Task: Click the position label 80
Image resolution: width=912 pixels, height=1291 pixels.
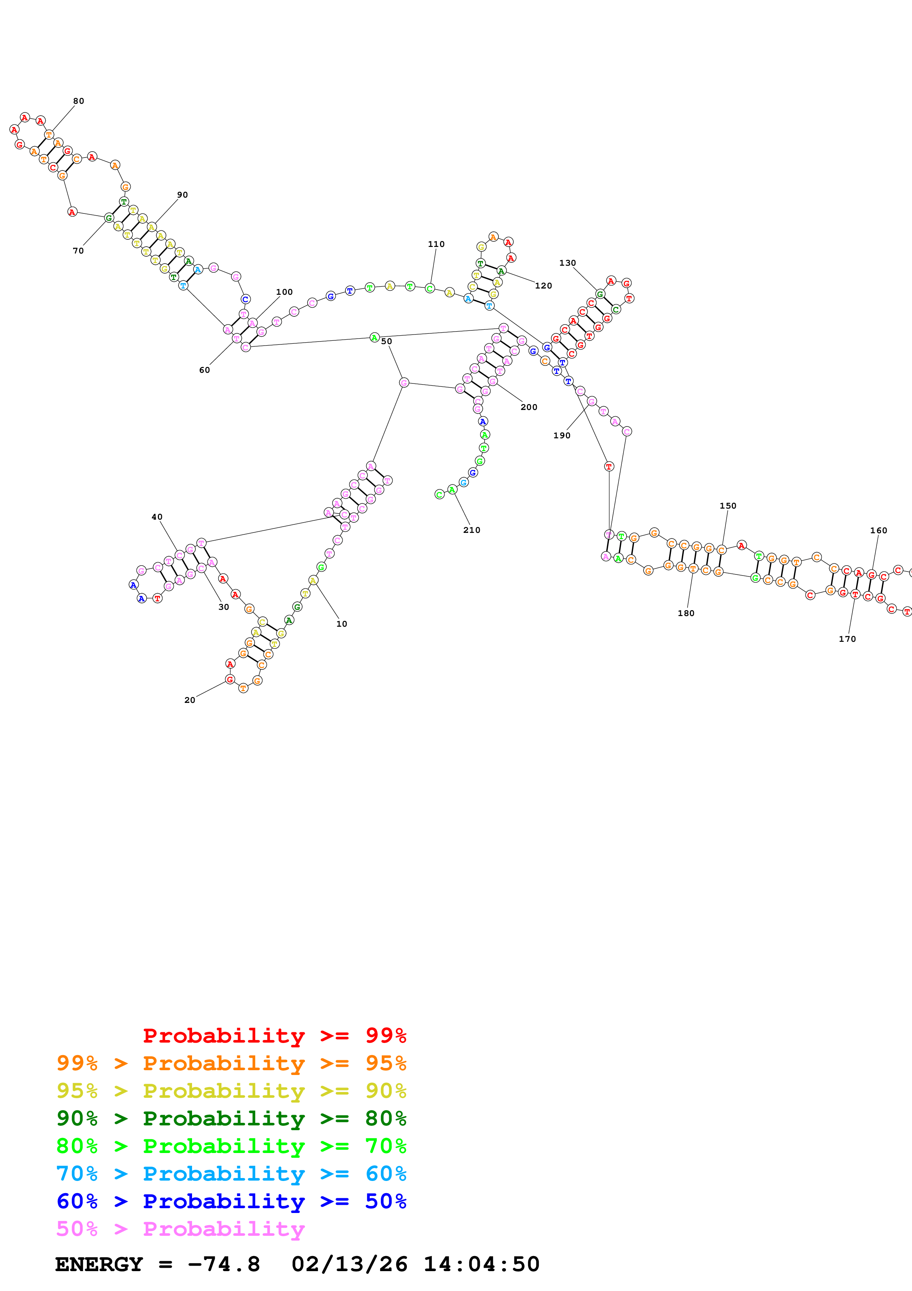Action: coord(79,101)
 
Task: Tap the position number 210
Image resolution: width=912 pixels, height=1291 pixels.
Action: coord(472,530)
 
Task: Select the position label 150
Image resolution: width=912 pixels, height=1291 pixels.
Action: coord(728,506)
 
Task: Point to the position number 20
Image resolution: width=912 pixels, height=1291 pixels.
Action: coord(190,700)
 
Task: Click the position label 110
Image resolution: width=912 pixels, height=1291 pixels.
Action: coord(436,244)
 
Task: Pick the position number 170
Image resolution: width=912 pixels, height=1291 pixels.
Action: coord(847,639)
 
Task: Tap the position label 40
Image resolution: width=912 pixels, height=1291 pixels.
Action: coord(157,517)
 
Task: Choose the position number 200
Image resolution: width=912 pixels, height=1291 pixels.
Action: coord(529,407)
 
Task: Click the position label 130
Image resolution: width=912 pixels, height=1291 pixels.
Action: coord(568,263)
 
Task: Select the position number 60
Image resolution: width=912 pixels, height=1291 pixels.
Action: coord(205,370)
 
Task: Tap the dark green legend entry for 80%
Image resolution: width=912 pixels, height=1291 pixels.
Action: coord(231,1118)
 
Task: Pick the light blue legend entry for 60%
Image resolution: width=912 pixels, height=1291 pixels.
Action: coord(231,1174)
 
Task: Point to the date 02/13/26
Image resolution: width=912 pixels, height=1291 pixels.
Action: coord(349,1265)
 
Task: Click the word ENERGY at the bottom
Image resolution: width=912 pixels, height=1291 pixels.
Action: coord(99,1265)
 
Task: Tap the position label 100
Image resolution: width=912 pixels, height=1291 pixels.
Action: coord(284,292)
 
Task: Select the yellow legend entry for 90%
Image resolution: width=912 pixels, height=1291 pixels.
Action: coord(231,1091)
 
